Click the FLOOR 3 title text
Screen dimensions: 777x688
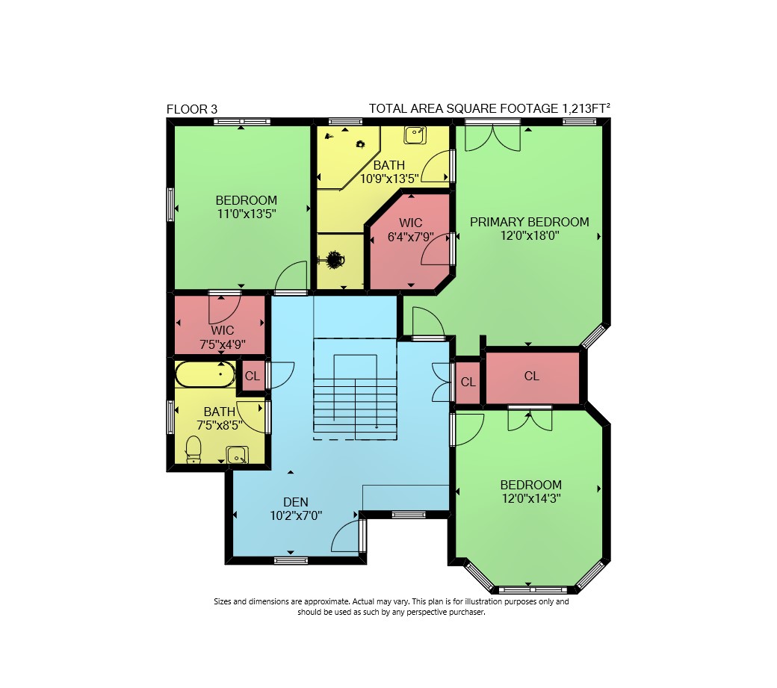[192, 110]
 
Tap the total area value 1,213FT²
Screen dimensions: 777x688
[586, 108]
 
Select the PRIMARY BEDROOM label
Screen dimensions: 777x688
[529, 222]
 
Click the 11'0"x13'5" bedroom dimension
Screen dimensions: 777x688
[247, 214]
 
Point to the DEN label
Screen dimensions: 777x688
[296, 502]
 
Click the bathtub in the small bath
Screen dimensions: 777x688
[205, 374]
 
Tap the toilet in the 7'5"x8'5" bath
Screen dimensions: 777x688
[194, 449]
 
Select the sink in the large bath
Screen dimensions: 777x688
[415, 135]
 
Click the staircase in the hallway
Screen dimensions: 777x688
[356, 389]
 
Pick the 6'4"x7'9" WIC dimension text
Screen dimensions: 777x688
[410, 238]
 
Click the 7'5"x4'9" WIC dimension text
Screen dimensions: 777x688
[223, 344]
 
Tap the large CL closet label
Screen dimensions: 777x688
[532, 376]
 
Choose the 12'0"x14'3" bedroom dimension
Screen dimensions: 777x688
[531, 498]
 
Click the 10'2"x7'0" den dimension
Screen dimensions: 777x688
[296, 515]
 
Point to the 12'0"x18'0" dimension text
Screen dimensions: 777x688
[530, 235]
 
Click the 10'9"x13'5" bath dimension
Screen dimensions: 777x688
[389, 179]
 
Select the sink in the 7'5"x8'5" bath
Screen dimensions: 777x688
[238, 455]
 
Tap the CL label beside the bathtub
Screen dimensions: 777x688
[253, 376]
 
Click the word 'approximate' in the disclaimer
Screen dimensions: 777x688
[326, 602]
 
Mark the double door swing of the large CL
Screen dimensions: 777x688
[530, 420]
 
